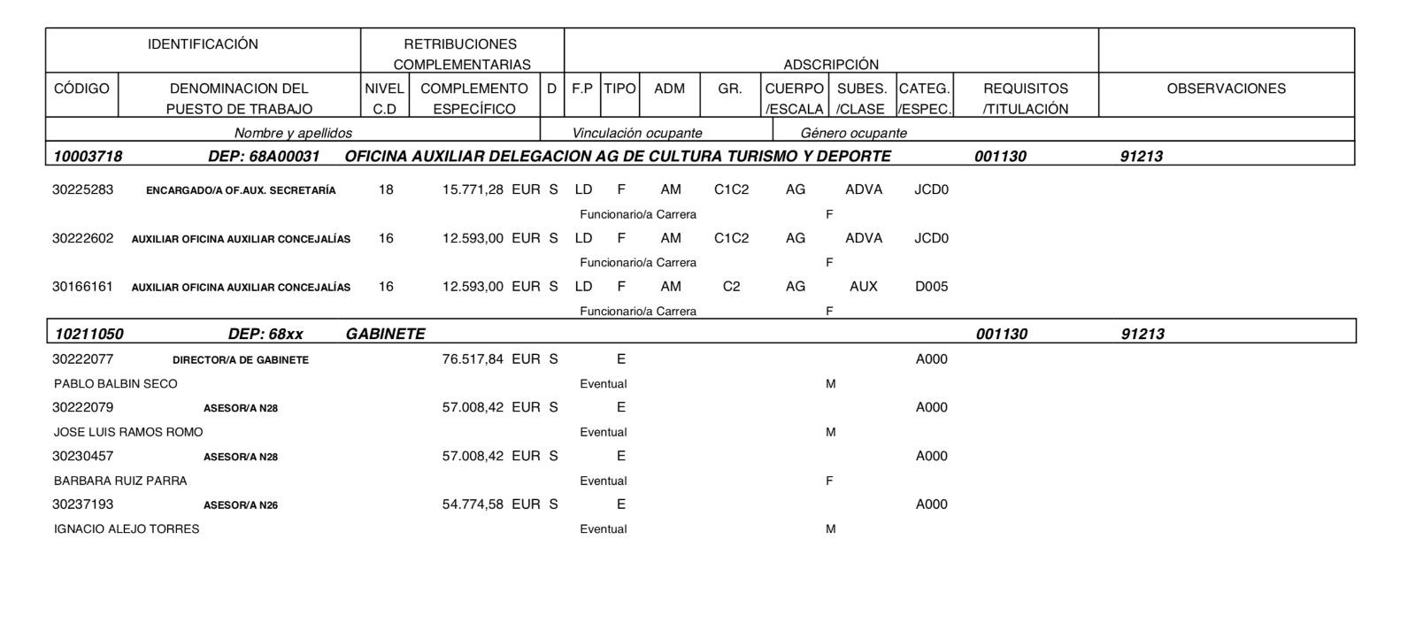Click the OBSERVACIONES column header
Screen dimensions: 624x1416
[1226, 89]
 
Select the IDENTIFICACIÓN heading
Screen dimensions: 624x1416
[203, 44]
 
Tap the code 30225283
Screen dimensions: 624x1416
[82, 189]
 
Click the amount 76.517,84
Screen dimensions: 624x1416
[473, 359]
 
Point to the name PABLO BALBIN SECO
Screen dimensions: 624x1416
[115, 384]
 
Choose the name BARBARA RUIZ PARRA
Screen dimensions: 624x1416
[120, 481]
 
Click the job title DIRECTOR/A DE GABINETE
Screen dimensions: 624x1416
[241, 360]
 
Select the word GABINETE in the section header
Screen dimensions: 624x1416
[385, 335]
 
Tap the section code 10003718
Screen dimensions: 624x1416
[88, 157]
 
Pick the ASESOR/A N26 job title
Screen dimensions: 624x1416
[241, 505]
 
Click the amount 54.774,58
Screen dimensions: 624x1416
[473, 505]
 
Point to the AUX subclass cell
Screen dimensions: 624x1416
[863, 287]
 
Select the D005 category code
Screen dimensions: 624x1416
[931, 287]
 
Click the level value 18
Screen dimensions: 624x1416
[386, 189]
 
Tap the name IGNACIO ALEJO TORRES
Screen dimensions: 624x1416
[127, 529]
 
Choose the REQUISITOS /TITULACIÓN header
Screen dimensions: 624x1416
[1026, 98]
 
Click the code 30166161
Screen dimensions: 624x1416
[82, 287]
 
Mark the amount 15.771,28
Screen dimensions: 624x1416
[473, 189]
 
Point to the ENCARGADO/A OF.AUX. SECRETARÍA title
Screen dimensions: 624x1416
[241, 190]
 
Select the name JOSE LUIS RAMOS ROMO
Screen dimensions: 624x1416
[128, 433]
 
